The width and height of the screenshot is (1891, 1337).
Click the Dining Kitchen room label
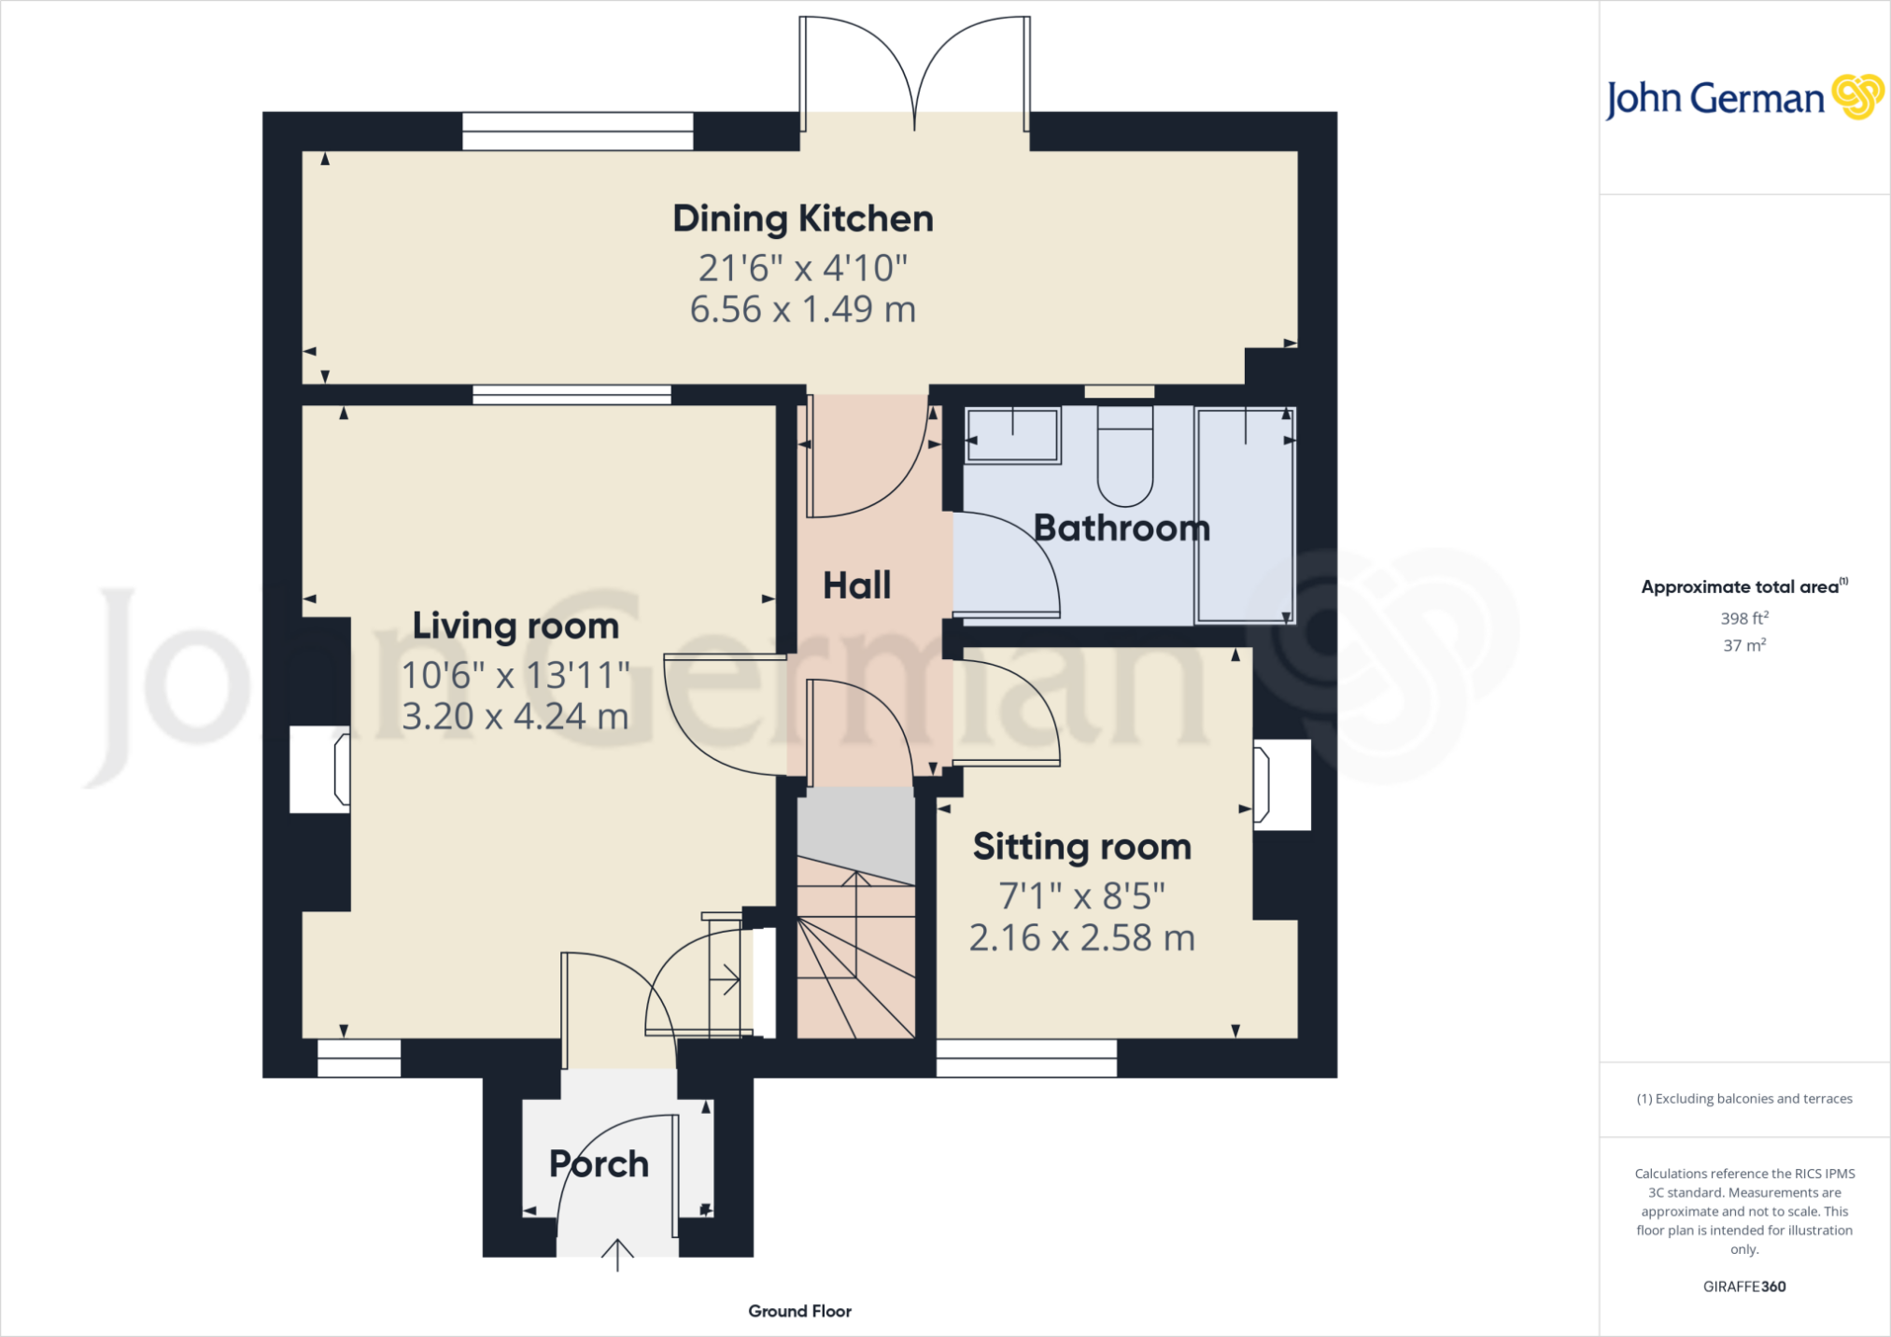point(803,219)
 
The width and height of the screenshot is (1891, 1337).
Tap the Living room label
point(515,626)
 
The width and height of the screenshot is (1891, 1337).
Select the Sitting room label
point(1082,847)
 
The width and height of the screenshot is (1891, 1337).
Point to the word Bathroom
point(1122,528)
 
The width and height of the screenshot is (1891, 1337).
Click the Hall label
point(857,585)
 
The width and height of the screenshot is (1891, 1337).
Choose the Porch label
point(599,1163)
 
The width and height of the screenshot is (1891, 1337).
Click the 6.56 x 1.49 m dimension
point(803,309)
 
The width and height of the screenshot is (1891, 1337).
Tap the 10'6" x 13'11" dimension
point(515,674)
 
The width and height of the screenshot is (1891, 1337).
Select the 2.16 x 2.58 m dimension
point(1082,937)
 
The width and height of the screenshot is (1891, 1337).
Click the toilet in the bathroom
point(1125,455)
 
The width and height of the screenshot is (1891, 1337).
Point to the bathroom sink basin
point(1013,435)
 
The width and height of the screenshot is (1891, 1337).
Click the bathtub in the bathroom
point(1245,514)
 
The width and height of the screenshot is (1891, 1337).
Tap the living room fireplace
point(320,769)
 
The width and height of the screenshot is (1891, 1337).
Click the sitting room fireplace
point(1281,785)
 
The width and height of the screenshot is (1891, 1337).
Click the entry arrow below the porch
point(617,1255)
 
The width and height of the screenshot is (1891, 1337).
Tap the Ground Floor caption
point(800,1311)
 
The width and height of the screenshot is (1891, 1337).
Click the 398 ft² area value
point(1744,617)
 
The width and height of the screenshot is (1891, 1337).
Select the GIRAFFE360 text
point(1744,1287)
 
